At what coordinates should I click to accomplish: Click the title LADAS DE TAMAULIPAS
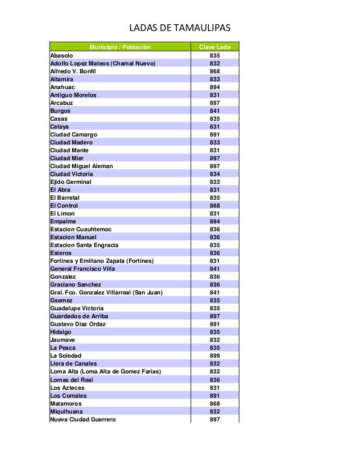pos(181,28)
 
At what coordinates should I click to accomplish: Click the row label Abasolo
pos(62,56)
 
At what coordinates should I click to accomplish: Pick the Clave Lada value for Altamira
pos(214,80)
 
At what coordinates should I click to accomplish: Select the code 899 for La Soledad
pos(214,356)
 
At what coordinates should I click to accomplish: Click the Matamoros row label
pos(66,403)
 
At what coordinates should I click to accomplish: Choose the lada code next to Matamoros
pos(214,403)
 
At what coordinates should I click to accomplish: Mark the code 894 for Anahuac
pos(214,87)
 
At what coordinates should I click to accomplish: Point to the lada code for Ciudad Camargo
pos(214,135)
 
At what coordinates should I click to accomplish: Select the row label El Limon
pos(63,214)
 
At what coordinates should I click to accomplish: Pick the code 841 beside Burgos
pos(214,111)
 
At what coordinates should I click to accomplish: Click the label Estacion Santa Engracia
pos(84,245)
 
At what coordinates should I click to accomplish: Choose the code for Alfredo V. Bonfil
pos(214,72)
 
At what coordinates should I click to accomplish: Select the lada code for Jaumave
pos(214,340)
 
